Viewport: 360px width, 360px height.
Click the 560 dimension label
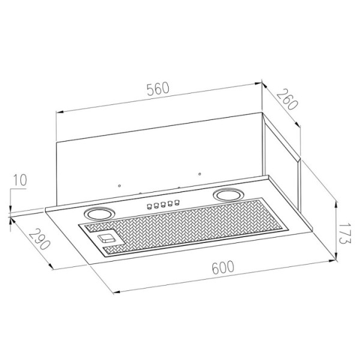[158, 89]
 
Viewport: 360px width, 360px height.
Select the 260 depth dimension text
[287, 99]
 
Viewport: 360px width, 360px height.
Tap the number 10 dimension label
[20, 180]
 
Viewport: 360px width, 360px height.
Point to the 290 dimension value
[39, 239]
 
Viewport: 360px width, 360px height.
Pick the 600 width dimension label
[223, 267]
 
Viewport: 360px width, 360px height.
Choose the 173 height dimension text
[344, 233]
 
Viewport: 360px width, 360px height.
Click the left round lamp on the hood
[99, 214]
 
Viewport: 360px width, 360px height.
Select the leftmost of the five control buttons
[149, 206]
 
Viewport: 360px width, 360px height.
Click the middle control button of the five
[163, 204]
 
